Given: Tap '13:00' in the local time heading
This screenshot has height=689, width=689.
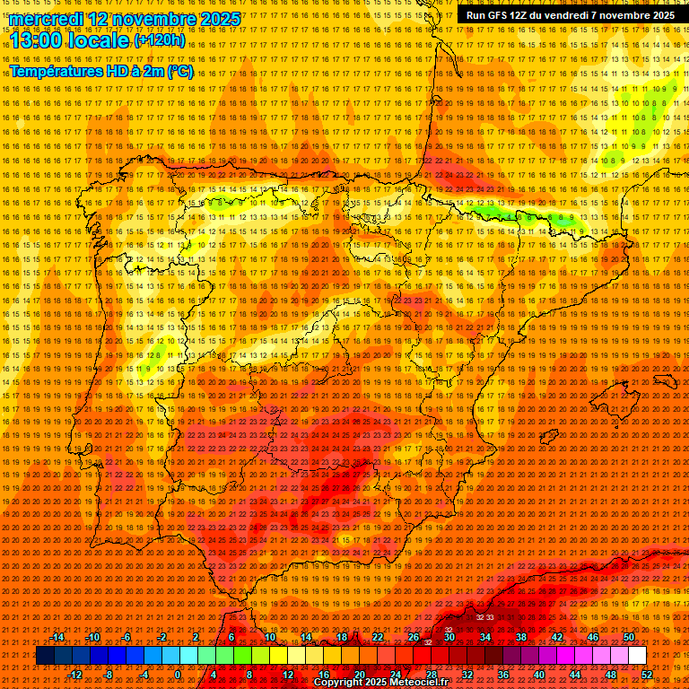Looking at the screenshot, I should click(37, 39).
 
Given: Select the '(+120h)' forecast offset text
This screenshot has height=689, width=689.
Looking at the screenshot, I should click(160, 39).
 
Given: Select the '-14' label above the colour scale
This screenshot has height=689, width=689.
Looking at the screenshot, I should click(57, 637).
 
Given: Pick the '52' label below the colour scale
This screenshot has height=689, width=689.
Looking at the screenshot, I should click(647, 674).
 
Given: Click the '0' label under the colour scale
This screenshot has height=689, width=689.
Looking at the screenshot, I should click(177, 674).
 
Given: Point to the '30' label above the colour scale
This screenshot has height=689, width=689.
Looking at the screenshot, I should click(449, 637).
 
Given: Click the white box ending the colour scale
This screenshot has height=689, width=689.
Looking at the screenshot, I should click(638, 656).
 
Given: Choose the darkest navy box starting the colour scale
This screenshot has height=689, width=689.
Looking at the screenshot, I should click(45, 656).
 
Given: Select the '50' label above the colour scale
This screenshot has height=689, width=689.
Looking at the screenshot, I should click(629, 637).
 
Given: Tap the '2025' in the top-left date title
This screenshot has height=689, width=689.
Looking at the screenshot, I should click(221, 19).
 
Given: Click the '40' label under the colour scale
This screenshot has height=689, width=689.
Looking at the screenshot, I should click(538, 674).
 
